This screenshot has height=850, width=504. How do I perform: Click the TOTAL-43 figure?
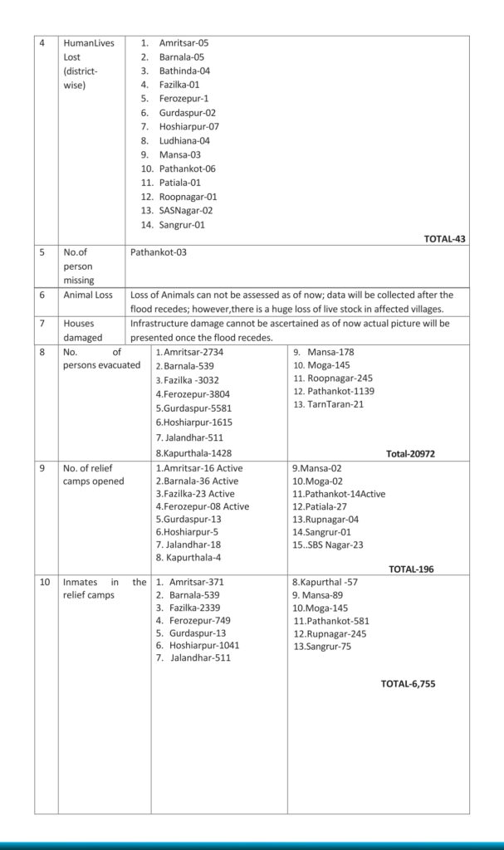444,239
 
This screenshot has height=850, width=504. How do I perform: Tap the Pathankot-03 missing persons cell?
159,252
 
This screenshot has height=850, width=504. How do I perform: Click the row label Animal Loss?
90,295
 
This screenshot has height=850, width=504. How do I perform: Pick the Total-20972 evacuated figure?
410,454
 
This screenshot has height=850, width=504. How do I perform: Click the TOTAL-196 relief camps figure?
410,569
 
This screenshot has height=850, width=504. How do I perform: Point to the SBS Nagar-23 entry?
327,545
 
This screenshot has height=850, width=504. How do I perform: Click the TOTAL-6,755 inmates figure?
408,684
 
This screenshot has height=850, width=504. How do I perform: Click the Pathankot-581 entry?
331,620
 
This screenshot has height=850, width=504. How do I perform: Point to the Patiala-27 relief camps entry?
319,506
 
